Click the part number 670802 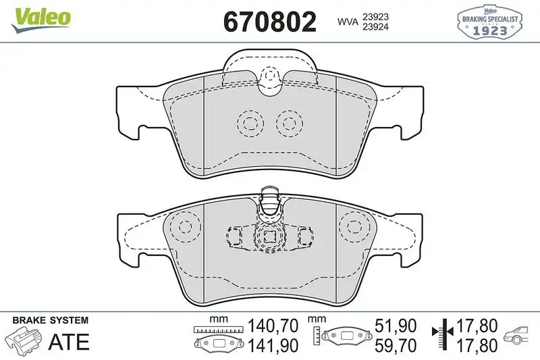pos(269,22)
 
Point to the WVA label pos(348,21)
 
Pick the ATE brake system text pos(69,342)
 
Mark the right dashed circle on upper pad pos(290,123)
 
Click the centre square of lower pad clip pos(270,237)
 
